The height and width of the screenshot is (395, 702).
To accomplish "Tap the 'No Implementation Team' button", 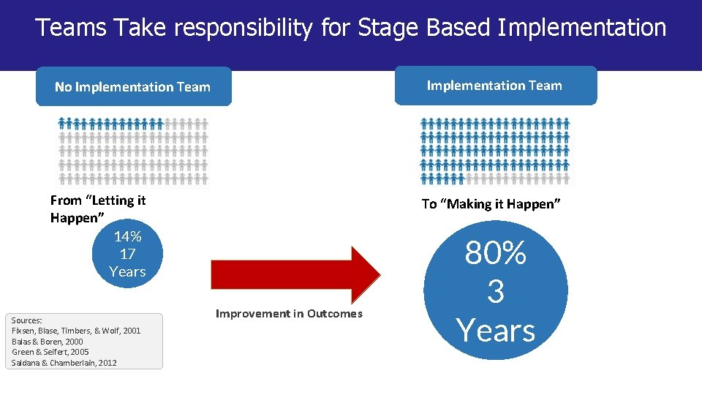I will tap(132, 87).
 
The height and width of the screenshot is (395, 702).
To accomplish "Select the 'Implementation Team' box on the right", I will tap(495, 86).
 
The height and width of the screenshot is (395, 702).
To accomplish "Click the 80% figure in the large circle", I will tap(495, 254).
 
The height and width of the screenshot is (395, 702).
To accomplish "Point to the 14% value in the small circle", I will tap(127, 236).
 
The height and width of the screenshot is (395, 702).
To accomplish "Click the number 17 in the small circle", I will tap(127, 254).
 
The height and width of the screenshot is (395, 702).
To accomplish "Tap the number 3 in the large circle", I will tap(495, 292).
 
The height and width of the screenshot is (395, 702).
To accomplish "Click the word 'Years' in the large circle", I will tap(495, 331).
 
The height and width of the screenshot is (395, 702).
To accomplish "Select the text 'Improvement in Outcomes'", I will tap(289, 313).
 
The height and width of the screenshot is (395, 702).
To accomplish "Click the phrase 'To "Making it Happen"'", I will tap(491, 204).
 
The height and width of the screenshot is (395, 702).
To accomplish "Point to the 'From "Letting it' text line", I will tap(98, 200).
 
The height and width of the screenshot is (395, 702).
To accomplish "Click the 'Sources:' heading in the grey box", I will tap(27, 320).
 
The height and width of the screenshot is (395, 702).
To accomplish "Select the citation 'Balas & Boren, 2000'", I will tap(48, 342).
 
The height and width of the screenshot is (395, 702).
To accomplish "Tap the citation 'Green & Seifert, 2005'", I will tap(50, 352).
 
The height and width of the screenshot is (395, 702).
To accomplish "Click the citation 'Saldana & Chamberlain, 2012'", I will tap(64, 363).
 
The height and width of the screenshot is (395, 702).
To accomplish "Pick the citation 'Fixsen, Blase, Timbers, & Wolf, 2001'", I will tap(76, 331).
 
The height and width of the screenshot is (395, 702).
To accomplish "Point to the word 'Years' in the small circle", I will tap(127, 271).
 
